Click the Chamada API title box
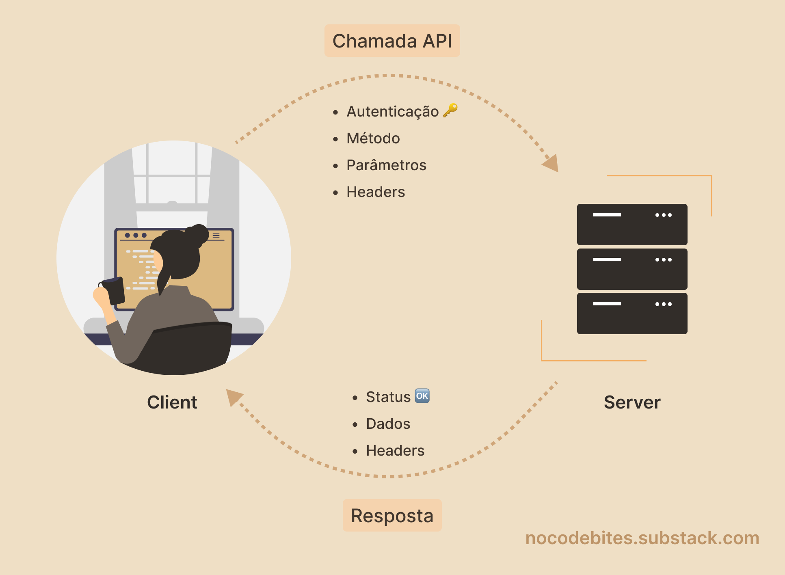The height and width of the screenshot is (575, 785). [392, 41]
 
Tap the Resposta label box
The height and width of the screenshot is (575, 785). [392, 515]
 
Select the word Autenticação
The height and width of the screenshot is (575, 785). [392, 111]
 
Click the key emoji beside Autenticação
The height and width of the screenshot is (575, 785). [450, 110]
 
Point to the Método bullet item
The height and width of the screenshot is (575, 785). [373, 138]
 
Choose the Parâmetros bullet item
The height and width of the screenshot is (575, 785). [386, 165]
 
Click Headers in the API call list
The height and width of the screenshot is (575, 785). [375, 192]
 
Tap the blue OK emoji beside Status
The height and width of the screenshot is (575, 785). [422, 396]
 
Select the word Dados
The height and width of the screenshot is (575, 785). [388, 424]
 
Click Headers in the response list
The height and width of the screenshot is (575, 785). [395, 451]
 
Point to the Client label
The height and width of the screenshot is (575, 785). [172, 402]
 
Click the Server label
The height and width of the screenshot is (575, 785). [632, 402]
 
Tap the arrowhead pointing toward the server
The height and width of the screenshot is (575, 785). [552, 163]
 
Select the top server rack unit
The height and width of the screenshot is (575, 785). [632, 225]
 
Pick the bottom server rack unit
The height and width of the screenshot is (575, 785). [632, 313]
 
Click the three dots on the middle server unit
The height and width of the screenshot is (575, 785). [663, 259]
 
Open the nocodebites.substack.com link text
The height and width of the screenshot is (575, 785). [642, 538]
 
